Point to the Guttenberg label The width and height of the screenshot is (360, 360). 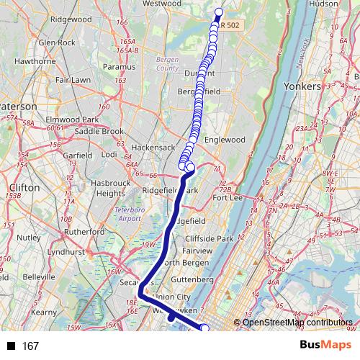pyautogui.click(x=193, y=279)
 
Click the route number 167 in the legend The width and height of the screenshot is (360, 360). pyautogui.click(x=30, y=346)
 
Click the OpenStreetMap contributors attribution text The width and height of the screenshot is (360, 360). pyautogui.click(x=297, y=323)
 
